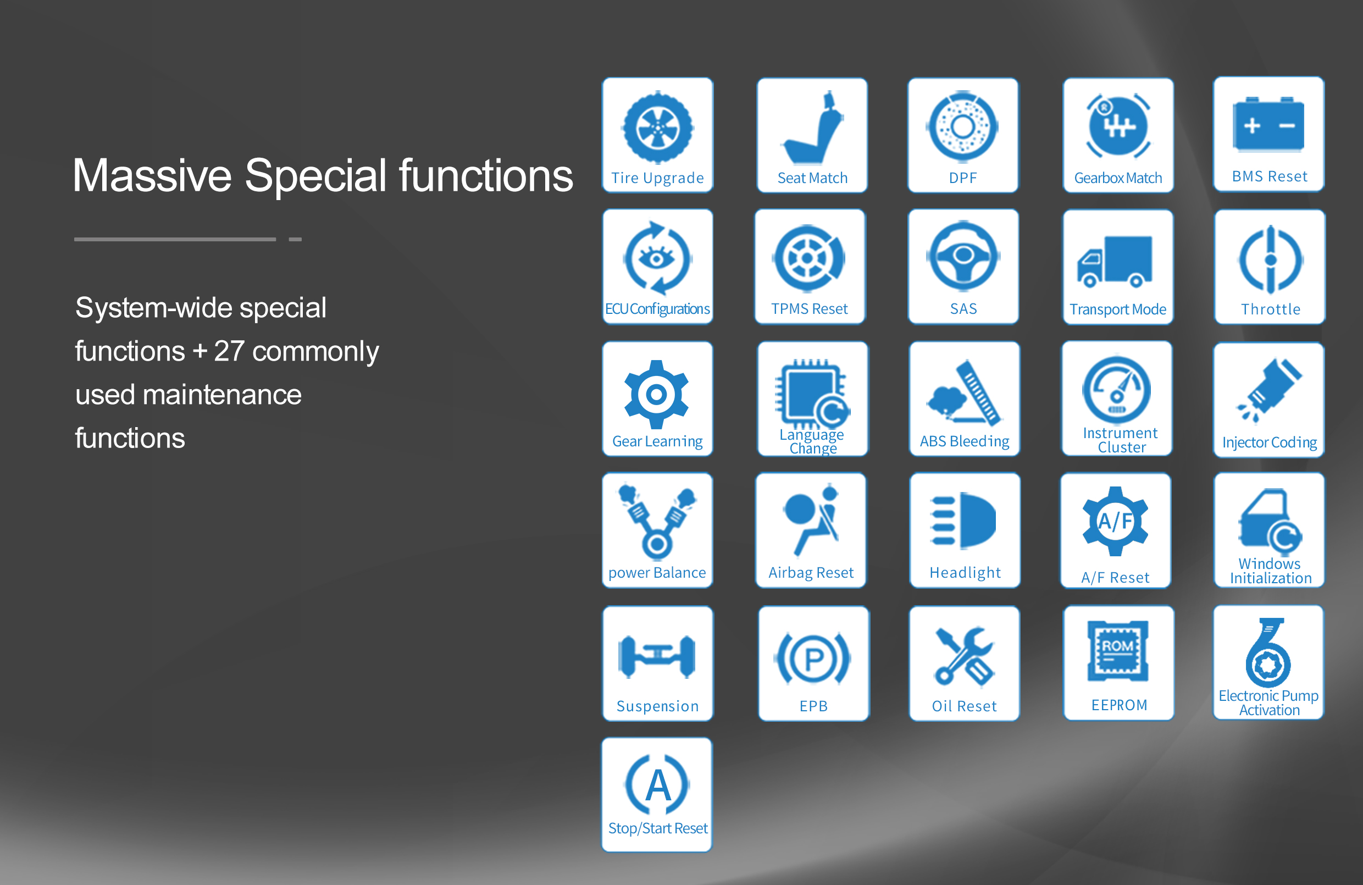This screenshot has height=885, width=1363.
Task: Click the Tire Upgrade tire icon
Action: click(657, 127)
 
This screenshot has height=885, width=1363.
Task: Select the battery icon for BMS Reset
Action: click(1268, 124)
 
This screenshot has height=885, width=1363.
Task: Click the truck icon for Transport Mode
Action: click(1115, 261)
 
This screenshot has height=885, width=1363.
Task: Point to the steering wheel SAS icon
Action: click(963, 256)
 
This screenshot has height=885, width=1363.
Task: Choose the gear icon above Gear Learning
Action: click(656, 394)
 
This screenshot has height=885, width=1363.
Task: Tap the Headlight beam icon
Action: click(963, 520)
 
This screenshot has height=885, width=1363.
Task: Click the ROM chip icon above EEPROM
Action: click(1118, 651)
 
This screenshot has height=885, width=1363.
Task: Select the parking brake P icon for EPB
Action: click(814, 659)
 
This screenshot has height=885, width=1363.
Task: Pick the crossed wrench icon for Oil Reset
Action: click(964, 656)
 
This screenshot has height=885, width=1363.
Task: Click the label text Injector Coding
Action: click(1270, 442)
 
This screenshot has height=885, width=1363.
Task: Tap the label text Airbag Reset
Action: click(811, 573)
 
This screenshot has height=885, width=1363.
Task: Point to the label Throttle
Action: click(1271, 309)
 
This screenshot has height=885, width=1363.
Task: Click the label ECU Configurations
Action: click(657, 309)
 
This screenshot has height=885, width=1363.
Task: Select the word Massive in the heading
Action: click(152, 175)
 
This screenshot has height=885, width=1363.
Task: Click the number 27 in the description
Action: click(229, 351)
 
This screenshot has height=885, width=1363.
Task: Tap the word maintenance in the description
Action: click(222, 395)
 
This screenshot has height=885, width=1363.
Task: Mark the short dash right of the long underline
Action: click(295, 240)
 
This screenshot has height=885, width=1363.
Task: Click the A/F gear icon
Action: click(1115, 521)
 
